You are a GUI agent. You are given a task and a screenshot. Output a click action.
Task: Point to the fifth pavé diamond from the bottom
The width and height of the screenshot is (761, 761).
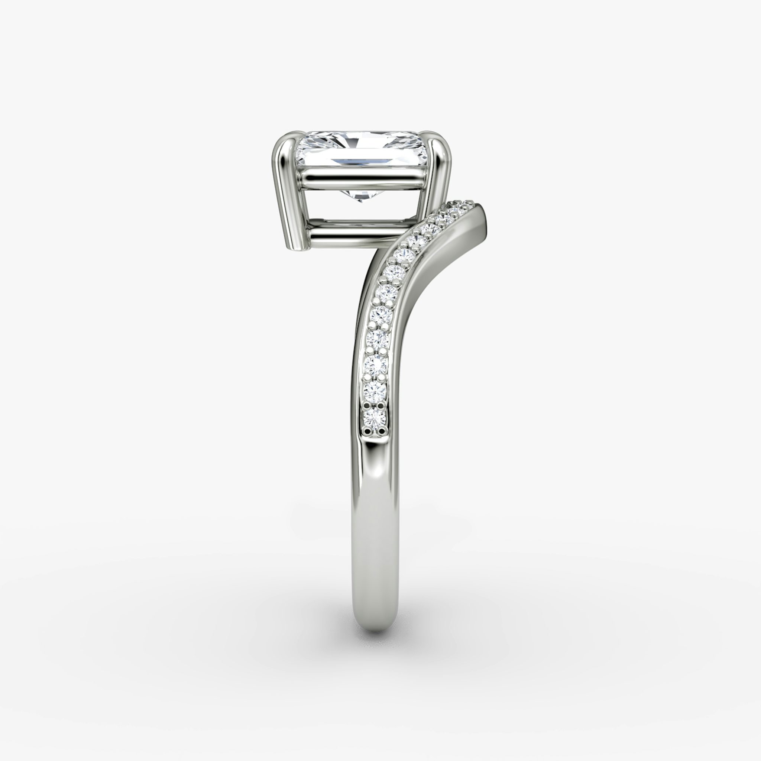point(381,314)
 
